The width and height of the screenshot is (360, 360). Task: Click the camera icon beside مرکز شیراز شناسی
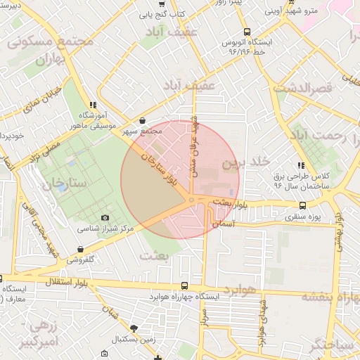pyautogui.click(x=105, y=219)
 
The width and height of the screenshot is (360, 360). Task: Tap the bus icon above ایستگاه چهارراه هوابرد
pyautogui.click(x=184, y=286)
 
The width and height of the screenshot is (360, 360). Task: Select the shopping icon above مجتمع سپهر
pyautogui.click(x=143, y=121)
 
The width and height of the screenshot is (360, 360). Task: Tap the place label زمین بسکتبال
pyautogui.click(x=135, y=339)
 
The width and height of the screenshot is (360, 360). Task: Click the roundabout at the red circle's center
pyautogui.click(x=191, y=200)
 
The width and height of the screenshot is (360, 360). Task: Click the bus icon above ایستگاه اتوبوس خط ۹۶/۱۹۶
pyautogui.click(x=247, y=32)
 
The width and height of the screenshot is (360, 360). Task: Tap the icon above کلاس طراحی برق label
pyautogui.click(x=302, y=165)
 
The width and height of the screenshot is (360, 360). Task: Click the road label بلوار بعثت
pyautogui.click(x=232, y=203)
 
